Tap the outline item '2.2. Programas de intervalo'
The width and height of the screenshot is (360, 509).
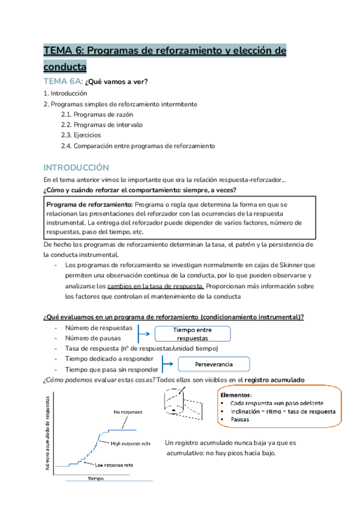coord(101,125)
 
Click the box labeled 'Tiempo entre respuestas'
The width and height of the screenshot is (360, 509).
coord(193,334)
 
